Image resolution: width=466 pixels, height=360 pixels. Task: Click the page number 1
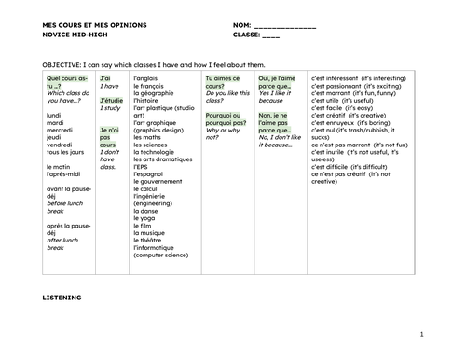point(421,332)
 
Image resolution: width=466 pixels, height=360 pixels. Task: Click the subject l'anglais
point(149,79)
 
